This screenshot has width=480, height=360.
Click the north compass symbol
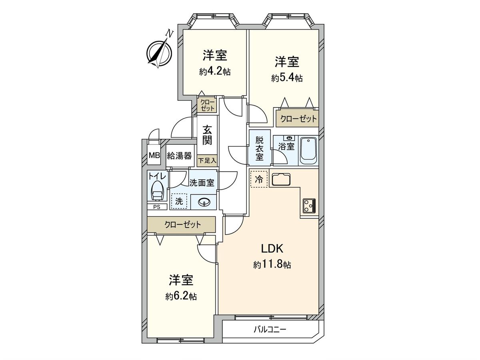(160, 52)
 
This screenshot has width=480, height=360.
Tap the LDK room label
(272, 249)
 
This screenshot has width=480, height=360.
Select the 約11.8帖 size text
(272, 264)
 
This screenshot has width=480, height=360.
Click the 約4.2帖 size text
(215, 72)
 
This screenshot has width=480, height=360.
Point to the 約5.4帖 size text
(287, 78)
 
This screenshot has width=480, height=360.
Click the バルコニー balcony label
(270, 330)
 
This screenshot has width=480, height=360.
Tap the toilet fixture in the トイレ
(157, 190)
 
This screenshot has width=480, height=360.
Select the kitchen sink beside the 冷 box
(282, 179)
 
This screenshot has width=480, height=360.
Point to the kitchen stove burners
(309, 205)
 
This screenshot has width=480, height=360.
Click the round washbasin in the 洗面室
(204, 202)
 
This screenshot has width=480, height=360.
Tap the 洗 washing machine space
(178, 202)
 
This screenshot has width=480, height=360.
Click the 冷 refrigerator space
(259, 179)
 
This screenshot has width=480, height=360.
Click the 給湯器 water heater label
(179, 156)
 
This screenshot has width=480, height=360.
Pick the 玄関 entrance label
(207, 135)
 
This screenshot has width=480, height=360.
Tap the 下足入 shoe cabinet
(207, 161)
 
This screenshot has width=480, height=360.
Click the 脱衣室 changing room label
(260, 148)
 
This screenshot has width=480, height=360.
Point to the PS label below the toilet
(157, 207)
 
